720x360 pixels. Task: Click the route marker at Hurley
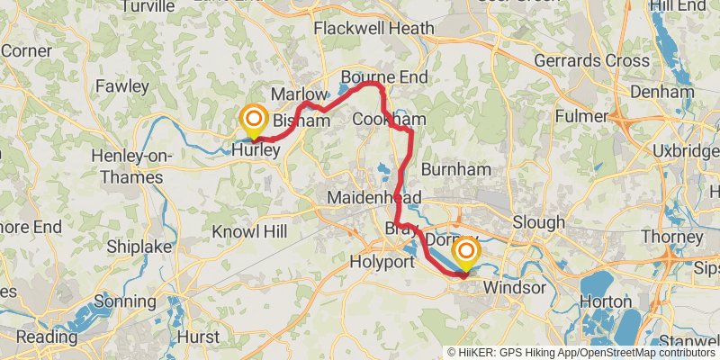[254, 120]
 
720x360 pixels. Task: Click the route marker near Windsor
[466, 252]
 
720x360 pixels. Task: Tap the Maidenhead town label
[369, 196]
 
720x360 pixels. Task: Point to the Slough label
[538, 221]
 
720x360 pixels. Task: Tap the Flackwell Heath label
[373, 29]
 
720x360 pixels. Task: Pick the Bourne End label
[383, 77]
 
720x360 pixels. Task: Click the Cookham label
[388, 119]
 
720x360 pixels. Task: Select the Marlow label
[296, 94]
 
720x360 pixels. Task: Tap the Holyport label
[382, 263]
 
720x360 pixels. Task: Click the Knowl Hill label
[249, 232]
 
